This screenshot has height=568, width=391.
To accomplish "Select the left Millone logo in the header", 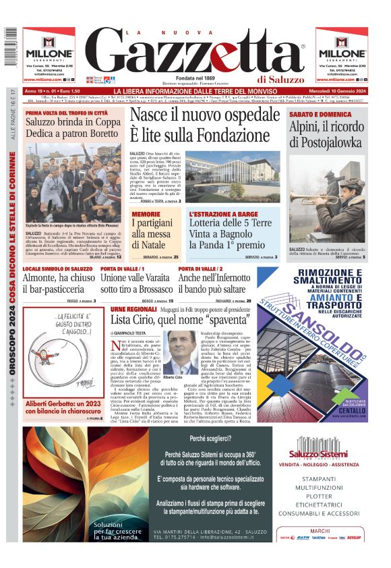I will click(x=49, y=54).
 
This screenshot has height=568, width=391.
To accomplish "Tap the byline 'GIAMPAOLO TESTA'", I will click(x=131, y=334).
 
